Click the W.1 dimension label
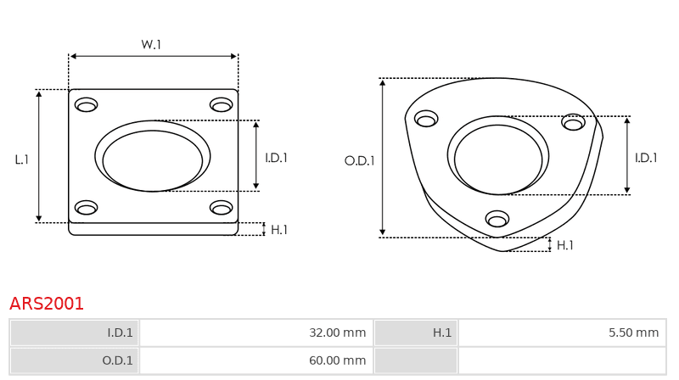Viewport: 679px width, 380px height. [x=151, y=45]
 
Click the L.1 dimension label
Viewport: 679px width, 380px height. [x=22, y=159]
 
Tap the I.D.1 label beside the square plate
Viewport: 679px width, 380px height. [x=277, y=158]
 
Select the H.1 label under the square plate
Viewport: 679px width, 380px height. [x=279, y=230]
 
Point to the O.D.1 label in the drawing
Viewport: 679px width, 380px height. [x=359, y=161]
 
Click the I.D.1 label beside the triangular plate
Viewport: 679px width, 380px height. [x=646, y=158]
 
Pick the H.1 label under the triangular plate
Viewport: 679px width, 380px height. [x=564, y=245]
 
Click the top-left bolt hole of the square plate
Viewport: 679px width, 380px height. [x=87, y=104]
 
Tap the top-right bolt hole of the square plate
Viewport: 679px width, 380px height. [x=222, y=104]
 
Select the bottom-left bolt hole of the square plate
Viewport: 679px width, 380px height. [x=87, y=208]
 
